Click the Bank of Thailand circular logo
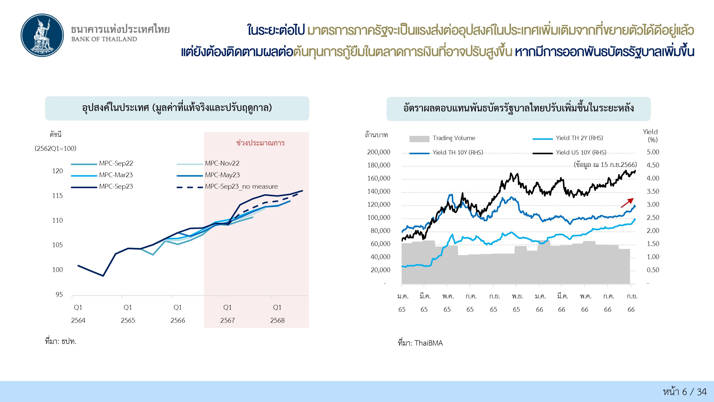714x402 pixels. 42,35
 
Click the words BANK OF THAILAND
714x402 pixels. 104,39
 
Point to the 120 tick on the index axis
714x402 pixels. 57,171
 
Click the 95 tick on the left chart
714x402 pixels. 59,294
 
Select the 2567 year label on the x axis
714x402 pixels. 227,321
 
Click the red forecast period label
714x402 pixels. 260,143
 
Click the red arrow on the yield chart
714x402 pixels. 627,203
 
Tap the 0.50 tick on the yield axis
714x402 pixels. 653,270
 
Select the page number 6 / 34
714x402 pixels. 685,392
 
